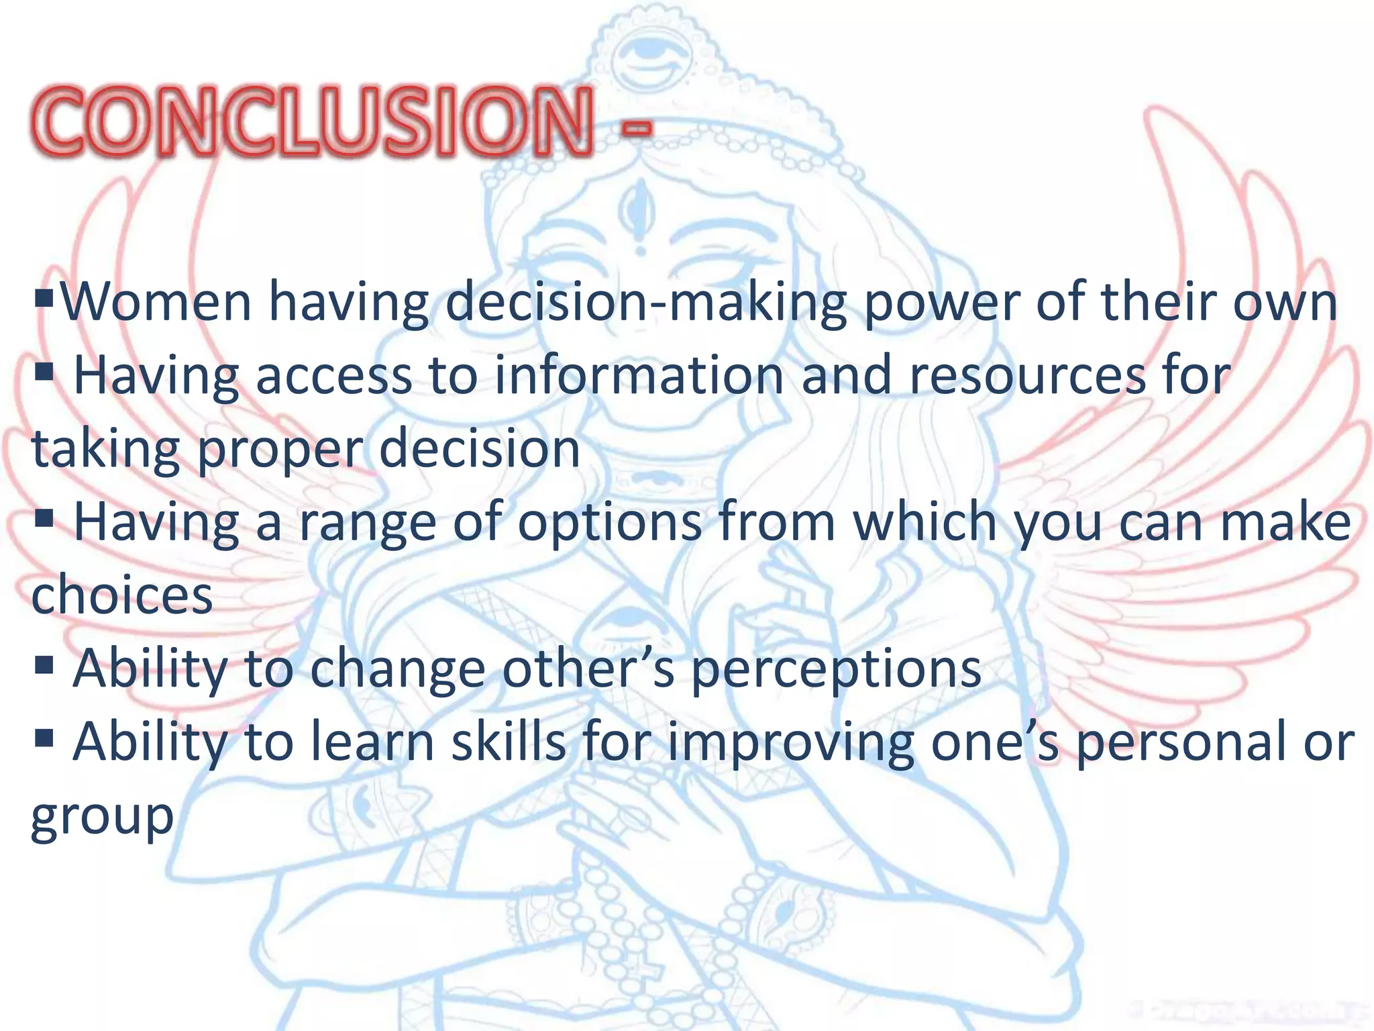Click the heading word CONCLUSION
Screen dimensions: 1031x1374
(313, 121)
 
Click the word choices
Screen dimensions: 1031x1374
(122, 595)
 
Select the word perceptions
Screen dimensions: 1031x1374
(836, 671)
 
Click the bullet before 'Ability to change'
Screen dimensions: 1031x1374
(44, 665)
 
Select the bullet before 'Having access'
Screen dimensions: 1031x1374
(44, 371)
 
